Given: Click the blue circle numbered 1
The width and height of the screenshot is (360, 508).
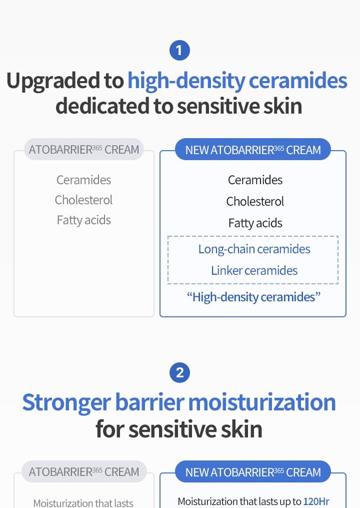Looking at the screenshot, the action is click(x=179, y=50).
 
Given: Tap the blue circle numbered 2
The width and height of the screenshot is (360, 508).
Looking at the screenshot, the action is click(x=179, y=372).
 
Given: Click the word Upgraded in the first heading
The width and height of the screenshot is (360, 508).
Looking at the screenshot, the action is click(x=64, y=81).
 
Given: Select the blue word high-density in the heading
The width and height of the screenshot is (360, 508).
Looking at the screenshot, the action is click(x=186, y=81).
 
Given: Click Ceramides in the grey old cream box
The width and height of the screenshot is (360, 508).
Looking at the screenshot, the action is click(x=84, y=180).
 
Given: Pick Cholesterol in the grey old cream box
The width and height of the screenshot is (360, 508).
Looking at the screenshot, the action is click(x=84, y=200).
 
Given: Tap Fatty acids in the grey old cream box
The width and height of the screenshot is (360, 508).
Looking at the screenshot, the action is click(x=84, y=220).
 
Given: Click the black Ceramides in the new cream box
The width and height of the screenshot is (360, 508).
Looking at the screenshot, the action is click(x=255, y=180).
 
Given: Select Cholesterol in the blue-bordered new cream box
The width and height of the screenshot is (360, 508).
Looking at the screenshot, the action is click(x=255, y=202).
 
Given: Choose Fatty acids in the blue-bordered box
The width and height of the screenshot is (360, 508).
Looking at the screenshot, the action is click(x=255, y=223).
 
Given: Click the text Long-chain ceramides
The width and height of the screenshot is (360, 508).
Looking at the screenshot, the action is click(x=254, y=249).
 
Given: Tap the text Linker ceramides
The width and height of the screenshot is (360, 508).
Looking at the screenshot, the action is click(x=254, y=271).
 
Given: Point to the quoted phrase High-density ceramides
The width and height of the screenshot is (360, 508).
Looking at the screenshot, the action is click(x=253, y=297).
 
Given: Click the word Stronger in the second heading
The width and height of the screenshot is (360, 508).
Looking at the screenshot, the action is click(x=66, y=403).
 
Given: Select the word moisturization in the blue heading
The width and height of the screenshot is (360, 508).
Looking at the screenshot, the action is click(x=262, y=402).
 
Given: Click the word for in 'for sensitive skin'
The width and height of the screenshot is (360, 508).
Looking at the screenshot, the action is click(x=109, y=429).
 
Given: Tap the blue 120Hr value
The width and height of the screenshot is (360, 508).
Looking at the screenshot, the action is click(x=316, y=501).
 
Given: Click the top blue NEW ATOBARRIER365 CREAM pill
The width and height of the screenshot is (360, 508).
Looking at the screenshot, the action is click(x=253, y=150).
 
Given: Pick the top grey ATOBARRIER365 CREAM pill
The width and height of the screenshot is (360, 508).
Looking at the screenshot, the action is click(x=84, y=150).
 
